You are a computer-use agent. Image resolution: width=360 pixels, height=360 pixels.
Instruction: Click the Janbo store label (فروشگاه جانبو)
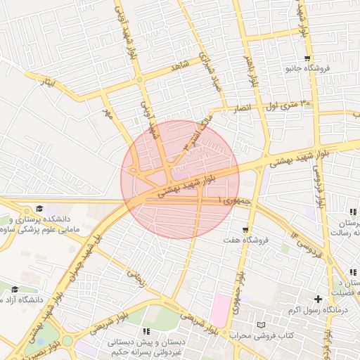(x=307, y=69)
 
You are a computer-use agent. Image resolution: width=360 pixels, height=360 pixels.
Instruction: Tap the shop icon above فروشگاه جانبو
(x=307, y=58)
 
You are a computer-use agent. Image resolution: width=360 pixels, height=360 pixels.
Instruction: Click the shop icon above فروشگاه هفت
(x=245, y=229)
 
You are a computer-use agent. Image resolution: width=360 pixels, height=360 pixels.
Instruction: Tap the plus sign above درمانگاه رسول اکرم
(x=318, y=300)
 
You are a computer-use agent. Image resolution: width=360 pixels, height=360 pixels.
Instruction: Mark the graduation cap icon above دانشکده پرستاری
(x=39, y=209)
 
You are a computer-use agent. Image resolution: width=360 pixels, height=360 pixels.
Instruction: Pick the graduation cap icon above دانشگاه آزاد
(x=15, y=289)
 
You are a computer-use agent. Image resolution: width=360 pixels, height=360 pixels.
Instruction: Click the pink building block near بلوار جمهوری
(x=220, y=310)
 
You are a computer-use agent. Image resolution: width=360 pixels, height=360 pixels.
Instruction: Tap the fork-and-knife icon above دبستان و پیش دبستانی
(x=146, y=330)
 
